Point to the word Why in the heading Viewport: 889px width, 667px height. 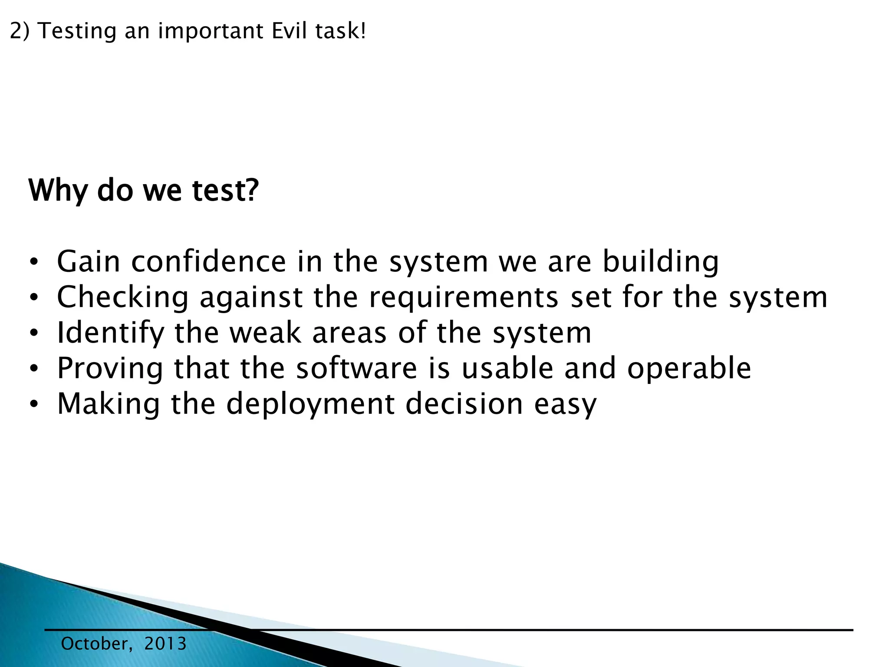[58, 191]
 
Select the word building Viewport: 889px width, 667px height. [661, 262]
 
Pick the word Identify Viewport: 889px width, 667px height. [110, 333]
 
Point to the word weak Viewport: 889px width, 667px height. [265, 333]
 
